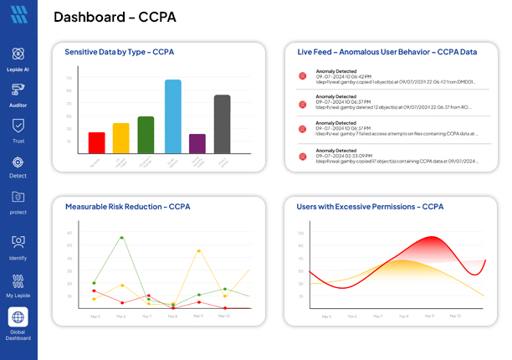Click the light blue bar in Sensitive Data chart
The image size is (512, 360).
pyautogui.click(x=172, y=116)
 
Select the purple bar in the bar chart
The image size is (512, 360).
pyautogui.click(x=197, y=143)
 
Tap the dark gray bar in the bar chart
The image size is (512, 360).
pyautogui.click(x=222, y=124)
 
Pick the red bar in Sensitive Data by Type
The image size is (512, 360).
pyautogui.click(x=97, y=142)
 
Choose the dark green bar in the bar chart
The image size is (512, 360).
pyautogui.click(x=146, y=135)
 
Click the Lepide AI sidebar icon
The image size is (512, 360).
pyautogui.click(x=18, y=54)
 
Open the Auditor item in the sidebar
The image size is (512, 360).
pyautogui.click(x=18, y=90)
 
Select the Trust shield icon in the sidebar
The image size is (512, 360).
pyautogui.click(x=18, y=126)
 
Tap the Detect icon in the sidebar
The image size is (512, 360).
pyautogui.click(x=18, y=162)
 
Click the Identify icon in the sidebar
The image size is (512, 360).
pyautogui.click(x=18, y=242)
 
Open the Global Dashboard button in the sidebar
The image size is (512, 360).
pyautogui.click(x=18, y=317)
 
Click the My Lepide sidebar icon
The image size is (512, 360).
pyautogui.click(x=18, y=280)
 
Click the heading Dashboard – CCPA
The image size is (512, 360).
pyautogui.click(x=115, y=17)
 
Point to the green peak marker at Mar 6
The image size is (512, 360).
pyautogui.click(x=121, y=237)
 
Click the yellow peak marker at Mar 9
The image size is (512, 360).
pyautogui.click(x=197, y=250)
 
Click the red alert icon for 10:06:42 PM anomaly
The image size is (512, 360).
pyautogui.click(x=303, y=76)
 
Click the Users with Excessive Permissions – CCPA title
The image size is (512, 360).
pyautogui.click(x=370, y=206)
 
